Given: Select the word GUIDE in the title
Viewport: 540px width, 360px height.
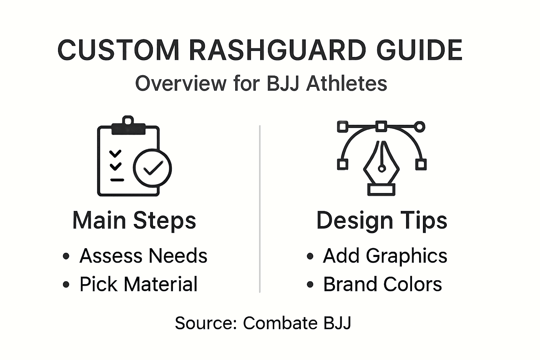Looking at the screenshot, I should click(x=419, y=50).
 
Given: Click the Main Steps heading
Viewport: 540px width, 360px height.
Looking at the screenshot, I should click(x=134, y=220).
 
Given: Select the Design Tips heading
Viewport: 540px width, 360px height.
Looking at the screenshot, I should click(x=382, y=220).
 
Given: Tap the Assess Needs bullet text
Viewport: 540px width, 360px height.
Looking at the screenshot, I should click(x=143, y=256).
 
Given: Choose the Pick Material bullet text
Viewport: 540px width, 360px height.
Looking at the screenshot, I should click(x=138, y=284).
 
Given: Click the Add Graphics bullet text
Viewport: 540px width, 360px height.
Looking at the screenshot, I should click(x=385, y=256).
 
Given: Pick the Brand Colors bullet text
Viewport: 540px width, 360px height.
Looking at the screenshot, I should click(x=382, y=284).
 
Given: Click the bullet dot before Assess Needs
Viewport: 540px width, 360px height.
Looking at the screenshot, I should click(x=66, y=256).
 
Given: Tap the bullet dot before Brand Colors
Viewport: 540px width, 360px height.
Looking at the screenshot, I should click(x=310, y=284).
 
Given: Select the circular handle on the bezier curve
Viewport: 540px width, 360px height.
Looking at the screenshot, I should click(x=419, y=127).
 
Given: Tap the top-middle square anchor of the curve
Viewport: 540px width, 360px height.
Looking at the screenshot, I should click(x=381, y=126).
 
